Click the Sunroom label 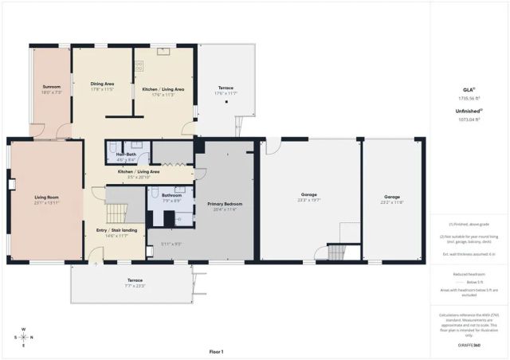[50, 88]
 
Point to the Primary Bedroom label [225, 204]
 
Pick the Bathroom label [171, 195]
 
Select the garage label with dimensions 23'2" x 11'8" [392, 197]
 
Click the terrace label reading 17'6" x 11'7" [226, 88]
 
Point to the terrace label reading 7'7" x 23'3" [135, 281]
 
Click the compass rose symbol [23, 337]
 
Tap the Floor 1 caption [216, 351]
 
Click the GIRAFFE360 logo [469, 345]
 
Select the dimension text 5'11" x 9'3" [171, 244]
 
